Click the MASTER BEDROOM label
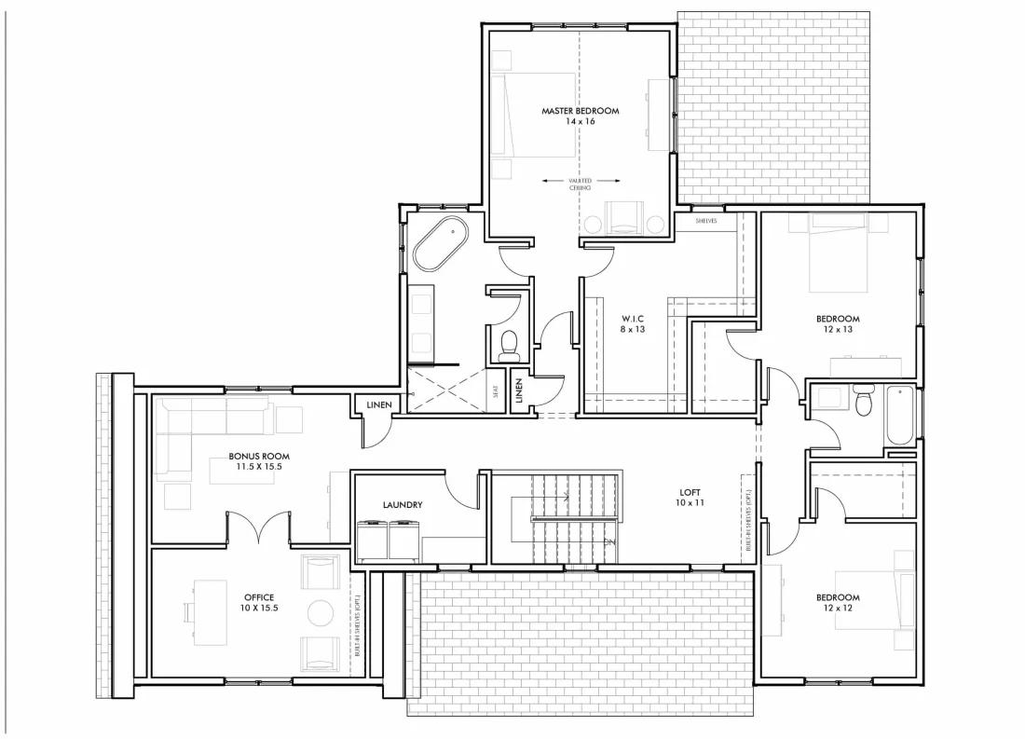click(x=580, y=111)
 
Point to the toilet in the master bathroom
click(x=509, y=346)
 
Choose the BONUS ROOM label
click(x=259, y=457)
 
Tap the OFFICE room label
click(x=259, y=596)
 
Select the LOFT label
click(x=690, y=493)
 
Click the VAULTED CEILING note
click(x=580, y=184)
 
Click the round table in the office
click(x=321, y=612)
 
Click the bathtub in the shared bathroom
click(x=900, y=415)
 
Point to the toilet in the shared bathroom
click(x=862, y=403)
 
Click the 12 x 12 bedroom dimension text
click(x=838, y=608)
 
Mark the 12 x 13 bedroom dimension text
click(x=838, y=329)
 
